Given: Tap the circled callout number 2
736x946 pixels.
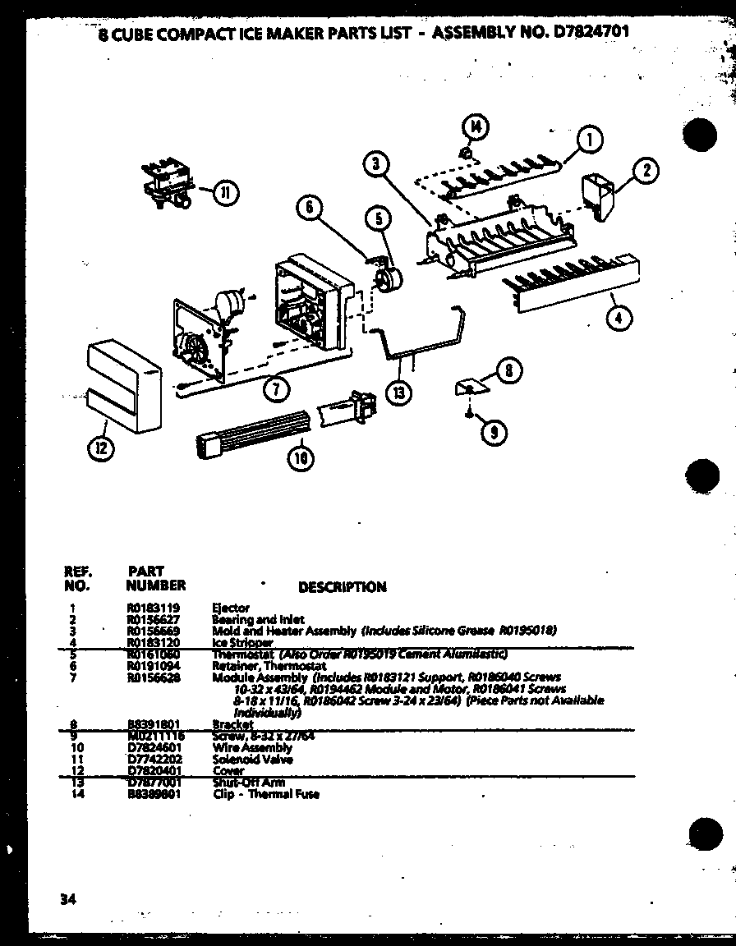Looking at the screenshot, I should tap(646, 171).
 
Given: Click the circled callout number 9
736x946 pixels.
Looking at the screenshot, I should tap(493, 433).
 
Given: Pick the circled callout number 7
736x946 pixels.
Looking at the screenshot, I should tap(276, 390).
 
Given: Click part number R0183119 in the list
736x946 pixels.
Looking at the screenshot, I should tap(153, 608).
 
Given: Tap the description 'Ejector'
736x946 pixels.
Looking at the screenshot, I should tap(231, 608).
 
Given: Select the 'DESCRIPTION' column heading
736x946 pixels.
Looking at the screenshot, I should tap(342, 587).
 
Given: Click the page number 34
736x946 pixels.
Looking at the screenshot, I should tap(67, 898).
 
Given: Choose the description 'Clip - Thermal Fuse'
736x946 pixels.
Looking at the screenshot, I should tap(265, 794).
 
